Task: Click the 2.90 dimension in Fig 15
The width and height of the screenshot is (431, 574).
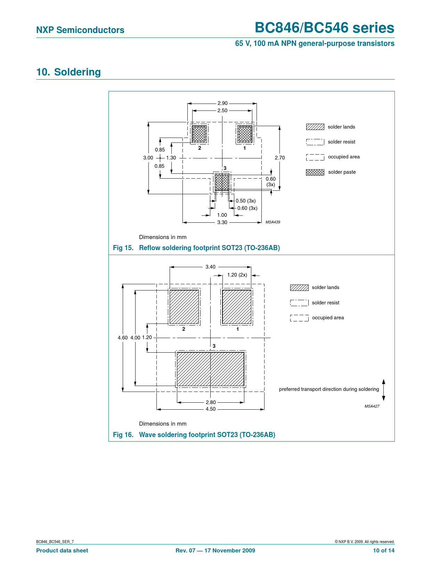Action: [x=222, y=103]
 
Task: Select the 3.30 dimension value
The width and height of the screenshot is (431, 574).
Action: [x=222, y=222]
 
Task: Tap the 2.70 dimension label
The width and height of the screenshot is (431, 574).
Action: [x=279, y=158]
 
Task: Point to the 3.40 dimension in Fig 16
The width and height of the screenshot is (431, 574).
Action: [x=210, y=267]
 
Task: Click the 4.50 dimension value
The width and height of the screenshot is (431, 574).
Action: [x=211, y=409]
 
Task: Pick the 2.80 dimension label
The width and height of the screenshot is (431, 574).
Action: [x=211, y=402]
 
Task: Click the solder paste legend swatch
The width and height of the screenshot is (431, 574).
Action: [x=315, y=172]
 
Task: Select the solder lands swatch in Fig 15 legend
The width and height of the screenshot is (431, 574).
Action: [x=315, y=127]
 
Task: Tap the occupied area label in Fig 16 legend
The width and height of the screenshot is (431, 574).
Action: [x=328, y=318]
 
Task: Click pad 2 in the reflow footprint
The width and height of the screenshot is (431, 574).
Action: [x=199, y=134]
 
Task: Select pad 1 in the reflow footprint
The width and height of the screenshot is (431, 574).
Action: [x=245, y=134]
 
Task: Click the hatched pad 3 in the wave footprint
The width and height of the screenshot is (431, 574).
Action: [x=211, y=369]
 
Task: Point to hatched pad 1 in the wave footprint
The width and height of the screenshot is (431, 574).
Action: [x=237, y=307]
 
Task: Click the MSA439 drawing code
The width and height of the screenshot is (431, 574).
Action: [x=273, y=222]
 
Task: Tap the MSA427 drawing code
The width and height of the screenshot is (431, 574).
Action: [x=372, y=406]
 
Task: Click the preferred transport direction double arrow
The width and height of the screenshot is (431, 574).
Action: [x=383, y=390]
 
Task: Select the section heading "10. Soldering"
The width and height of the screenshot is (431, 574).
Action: [x=68, y=72]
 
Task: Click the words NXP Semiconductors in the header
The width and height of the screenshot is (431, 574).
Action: [x=80, y=30]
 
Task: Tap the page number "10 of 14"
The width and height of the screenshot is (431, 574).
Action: [x=384, y=550]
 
